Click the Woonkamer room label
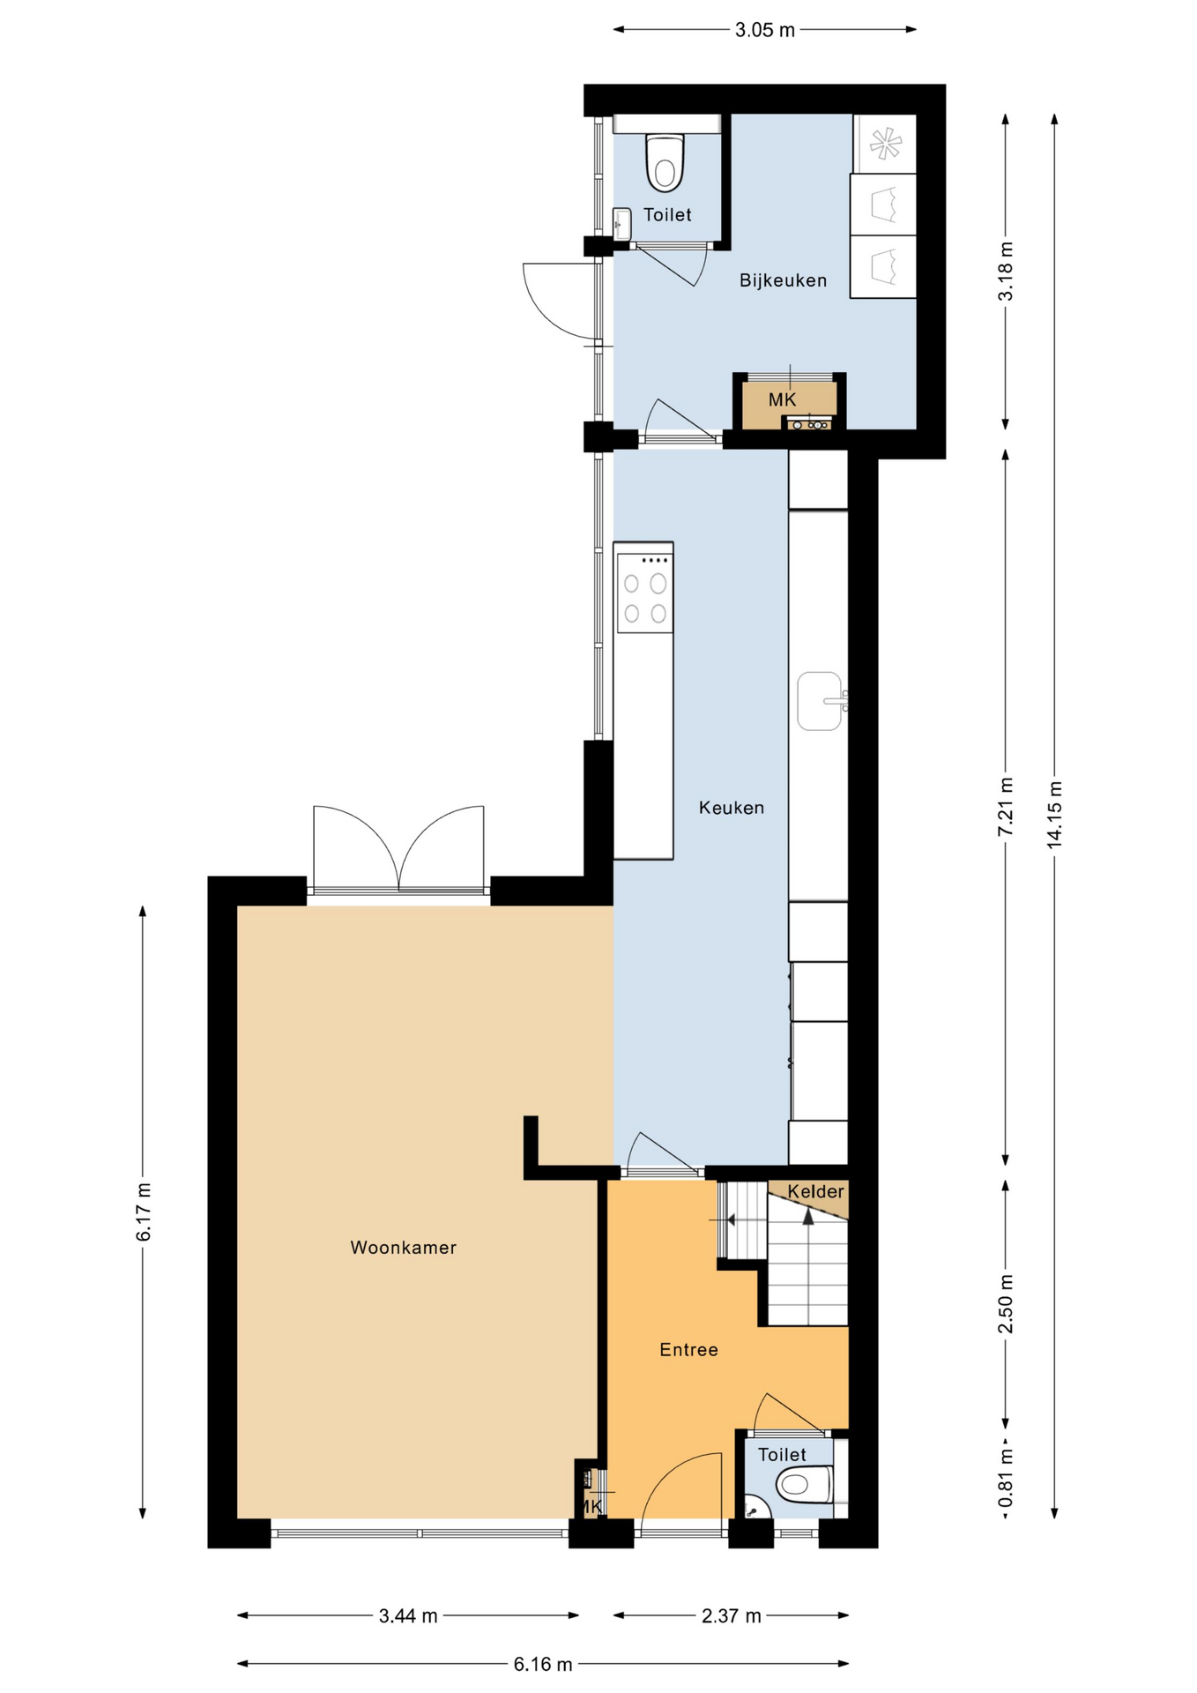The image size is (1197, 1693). (x=403, y=1247)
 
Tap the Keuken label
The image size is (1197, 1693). (x=731, y=807)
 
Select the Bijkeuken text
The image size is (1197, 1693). (x=783, y=280)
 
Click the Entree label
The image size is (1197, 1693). (x=688, y=1349)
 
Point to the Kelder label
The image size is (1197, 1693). (x=815, y=1191)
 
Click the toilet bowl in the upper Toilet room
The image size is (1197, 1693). (x=665, y=163)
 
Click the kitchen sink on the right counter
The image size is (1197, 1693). (x=821, y=701)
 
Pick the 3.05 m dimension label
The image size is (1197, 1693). (x=764, y=30)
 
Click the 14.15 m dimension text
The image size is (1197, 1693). (x=1054, y=815)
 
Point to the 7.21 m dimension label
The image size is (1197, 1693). (x=1006, y=808)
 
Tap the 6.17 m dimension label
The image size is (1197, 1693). (x=143, y=1212)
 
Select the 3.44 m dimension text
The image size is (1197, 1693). (x=407, y=1615)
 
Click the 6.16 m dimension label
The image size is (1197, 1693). (x=542, y=1664)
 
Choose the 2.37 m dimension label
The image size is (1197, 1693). (x=731, y=1615)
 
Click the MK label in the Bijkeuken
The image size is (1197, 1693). (x=782, y=399)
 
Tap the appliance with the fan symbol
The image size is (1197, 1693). (x=885, y=144)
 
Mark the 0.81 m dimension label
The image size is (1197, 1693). (x=1006, y=1479)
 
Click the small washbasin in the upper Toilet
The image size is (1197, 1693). (x=622, y=224)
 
